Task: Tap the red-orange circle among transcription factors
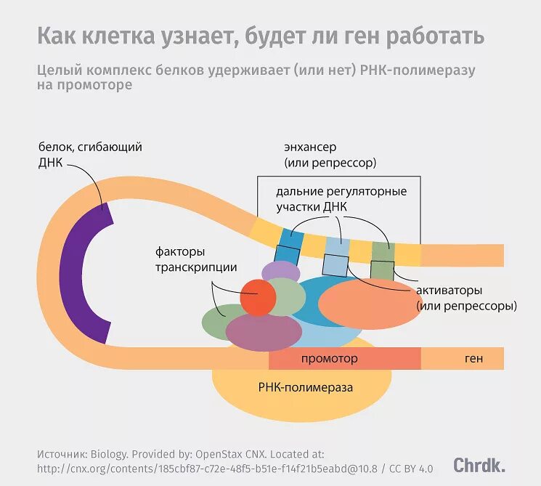click(259, 297)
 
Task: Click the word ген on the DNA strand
click(474, 359)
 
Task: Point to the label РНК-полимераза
click(305, 388)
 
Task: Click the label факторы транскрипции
click(196, 260)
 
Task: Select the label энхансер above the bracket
click(310, 147)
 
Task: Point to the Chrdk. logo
click(479, 465)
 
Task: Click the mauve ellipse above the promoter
click(264, 331)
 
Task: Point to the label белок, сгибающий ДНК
click(89, 154)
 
